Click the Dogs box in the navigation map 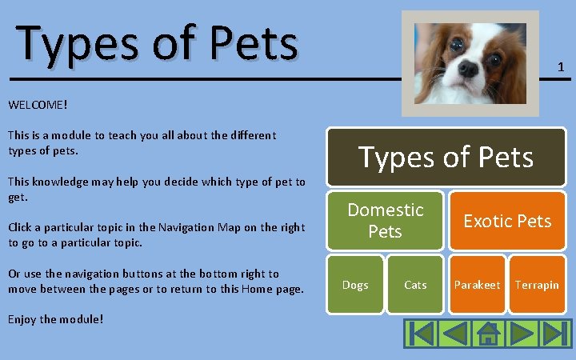pos(355,285)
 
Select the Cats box pos(415,285)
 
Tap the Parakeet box pos(477,285)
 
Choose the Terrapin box pos(537,285)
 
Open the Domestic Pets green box pos(385,220)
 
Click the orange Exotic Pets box pos(507,220)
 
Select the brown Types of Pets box pos(446,157)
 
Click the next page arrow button pos(521,333)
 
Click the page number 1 pos(561,68)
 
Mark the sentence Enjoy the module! pos(55,319)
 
